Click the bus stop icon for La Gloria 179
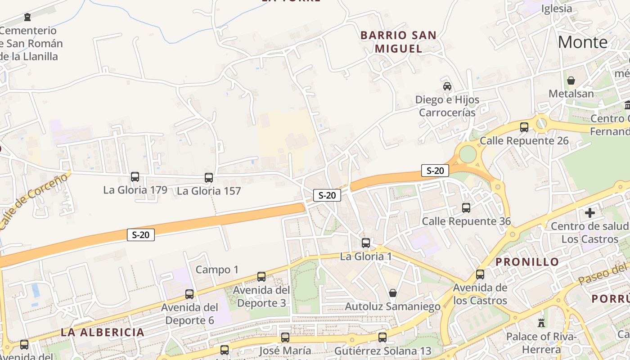[135, 177]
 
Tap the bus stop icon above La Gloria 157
[208, 178]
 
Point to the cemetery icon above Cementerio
[28, 18]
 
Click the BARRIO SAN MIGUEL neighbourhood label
[398, 42]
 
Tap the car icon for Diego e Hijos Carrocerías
[447, 86]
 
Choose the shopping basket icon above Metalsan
[571, 81]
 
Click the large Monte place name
[582, 42]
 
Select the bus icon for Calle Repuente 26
[524, 127]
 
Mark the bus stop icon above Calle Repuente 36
[466, 208]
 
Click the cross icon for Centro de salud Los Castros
[589, 212]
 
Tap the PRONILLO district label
[527, 262]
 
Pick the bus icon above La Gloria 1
[366, 243]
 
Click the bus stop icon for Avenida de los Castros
[480, 274]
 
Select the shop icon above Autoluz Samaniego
[392, 293]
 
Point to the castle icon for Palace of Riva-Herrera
[541, 323]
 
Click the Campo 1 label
[217, 270]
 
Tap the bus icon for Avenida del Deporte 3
[261, 277]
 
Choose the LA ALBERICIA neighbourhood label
[103, 333]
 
